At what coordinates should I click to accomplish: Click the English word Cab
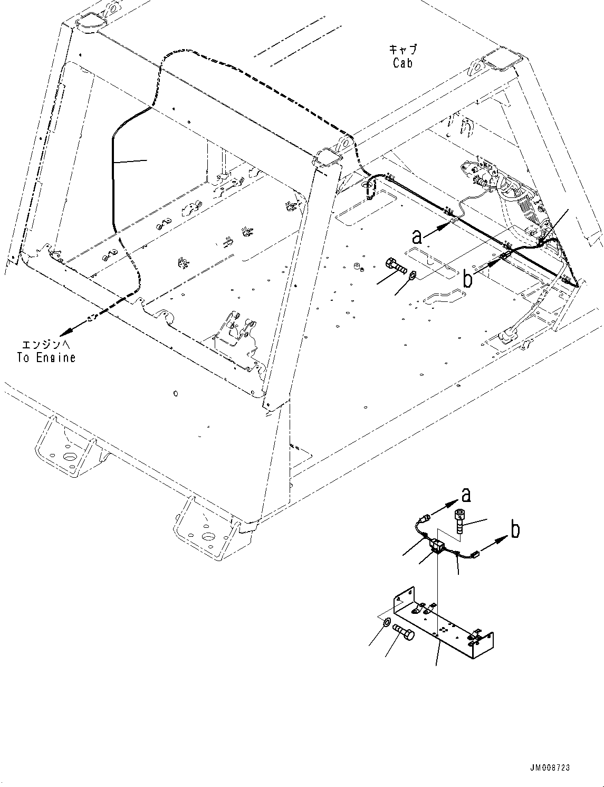[x=402, y=63]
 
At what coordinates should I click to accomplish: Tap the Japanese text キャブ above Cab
[x=402, y=50]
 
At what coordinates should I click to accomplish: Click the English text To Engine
[x=46, y=357]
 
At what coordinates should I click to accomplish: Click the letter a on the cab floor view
[x=417, y=236]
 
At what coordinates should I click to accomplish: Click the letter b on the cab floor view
[x=467, y=279]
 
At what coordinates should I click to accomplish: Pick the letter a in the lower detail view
[x=466, y=495]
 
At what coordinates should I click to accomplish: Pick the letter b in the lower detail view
[x=515, y=529]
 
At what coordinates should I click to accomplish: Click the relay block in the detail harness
[x=437, y=546]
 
